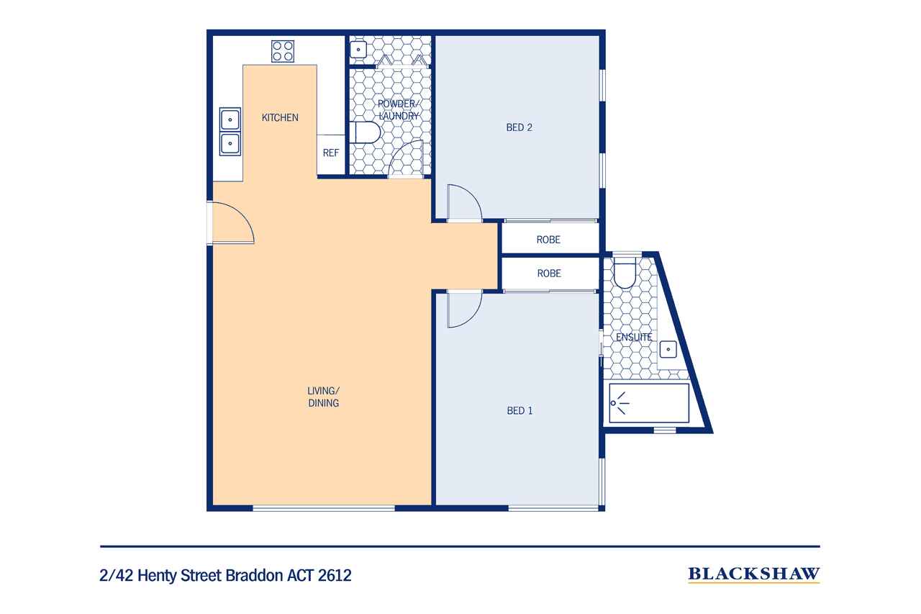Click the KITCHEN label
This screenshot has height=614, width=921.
279,117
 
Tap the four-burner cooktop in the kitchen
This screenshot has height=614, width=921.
282,50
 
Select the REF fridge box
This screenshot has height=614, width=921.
330,153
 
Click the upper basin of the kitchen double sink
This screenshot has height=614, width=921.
230,119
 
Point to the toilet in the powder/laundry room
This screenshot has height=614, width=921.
366,133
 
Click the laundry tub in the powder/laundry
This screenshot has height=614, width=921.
358,49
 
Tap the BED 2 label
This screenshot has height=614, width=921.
519,128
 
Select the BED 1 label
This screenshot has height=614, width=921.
520,411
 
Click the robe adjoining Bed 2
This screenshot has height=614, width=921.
548,240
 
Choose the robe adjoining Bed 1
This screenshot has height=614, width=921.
548,274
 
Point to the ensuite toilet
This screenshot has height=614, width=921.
624,274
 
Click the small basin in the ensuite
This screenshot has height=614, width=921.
668,350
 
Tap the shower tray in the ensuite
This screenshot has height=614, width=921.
648,404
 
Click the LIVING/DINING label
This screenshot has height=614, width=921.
323,397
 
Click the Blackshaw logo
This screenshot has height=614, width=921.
753,574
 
